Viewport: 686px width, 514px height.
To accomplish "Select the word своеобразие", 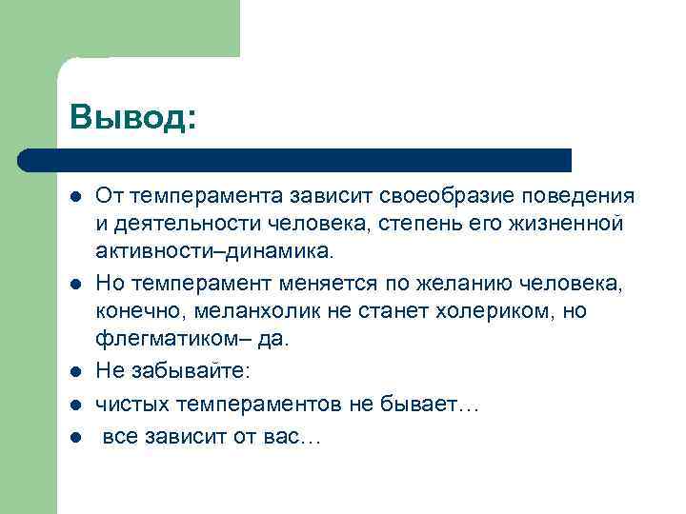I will point(433,197).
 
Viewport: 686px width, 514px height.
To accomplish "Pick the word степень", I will point(418,225).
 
